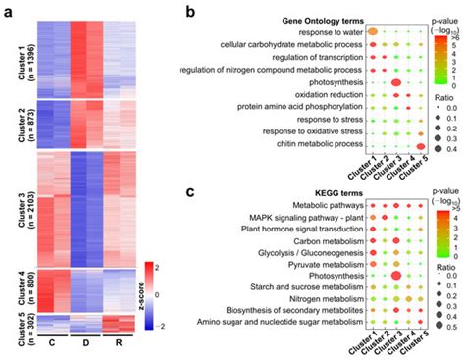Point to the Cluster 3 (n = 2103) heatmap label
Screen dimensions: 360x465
pos(22,210)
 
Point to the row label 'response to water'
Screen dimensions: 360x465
pos(331,31)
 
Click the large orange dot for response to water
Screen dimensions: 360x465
pos(373,32)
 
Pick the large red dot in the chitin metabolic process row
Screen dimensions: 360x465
pos(421,145)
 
